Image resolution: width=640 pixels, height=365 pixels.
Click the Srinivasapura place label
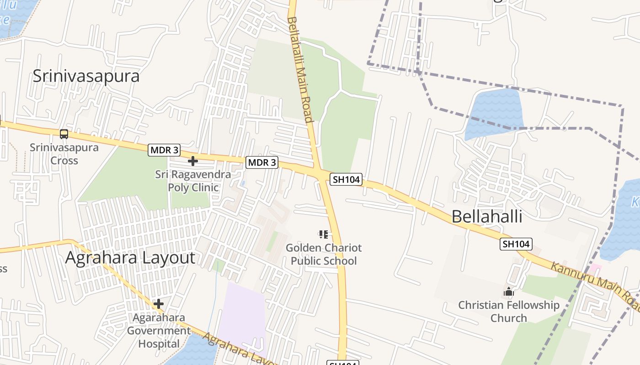tap(86, 76)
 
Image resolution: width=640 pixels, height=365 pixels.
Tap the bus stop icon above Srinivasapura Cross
tap(64, 134)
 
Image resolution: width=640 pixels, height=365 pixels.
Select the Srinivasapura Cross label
tap(64, 154)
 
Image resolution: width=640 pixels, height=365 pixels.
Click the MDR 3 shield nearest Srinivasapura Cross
tap(164, 150)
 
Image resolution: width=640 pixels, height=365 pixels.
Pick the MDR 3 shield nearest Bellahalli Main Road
tap(262, 162)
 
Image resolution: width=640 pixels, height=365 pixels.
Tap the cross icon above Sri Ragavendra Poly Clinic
tap(193, 161)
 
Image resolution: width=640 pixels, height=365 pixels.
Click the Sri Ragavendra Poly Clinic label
tap(193, 181)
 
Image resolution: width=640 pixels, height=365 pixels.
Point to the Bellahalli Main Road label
tap(300, 70)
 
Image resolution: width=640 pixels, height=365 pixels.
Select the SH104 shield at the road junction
tap(346, 179)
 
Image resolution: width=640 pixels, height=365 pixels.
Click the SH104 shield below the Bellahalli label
tap(516, 244)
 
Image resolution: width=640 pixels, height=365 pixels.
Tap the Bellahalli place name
tap(487, 216)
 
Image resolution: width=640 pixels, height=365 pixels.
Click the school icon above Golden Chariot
tap(324, 235)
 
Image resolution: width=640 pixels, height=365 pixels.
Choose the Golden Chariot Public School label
tap(324, 255)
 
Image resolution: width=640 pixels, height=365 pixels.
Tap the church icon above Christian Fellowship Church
tap(509, 292)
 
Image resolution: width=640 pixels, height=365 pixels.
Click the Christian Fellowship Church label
tap(509, 312)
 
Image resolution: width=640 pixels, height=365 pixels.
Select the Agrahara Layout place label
tap(130, 258)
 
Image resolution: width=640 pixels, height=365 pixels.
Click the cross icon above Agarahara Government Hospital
tap(159, 303)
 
